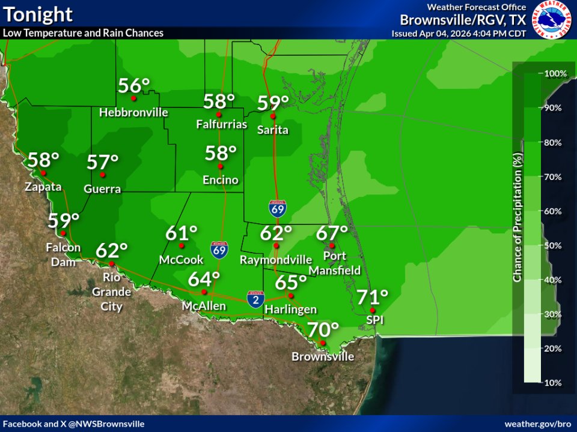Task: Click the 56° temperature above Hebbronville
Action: tap(133, 86)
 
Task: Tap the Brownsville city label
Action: tap(323, 356)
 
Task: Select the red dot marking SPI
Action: tap(373, 310)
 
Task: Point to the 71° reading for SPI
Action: tap(373, 297)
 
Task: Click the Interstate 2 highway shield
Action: tap(255, 300)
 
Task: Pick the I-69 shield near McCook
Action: tap(219, 250)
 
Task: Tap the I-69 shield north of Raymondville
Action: tap(277, 209)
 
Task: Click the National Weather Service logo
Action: tap(553, 20)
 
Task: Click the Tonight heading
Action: tap(38, 14)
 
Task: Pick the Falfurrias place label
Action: tap(222, 125)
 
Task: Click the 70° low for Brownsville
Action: tap(323, 329)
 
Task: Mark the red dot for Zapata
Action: tap(43, 173)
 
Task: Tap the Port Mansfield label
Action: tap(335, 263)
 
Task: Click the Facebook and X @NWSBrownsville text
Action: tap(74, 424)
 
